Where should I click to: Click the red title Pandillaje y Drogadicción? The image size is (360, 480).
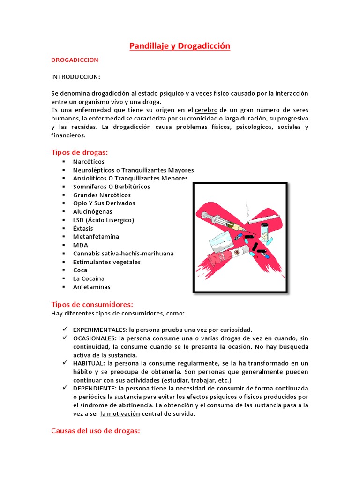[x=180, y=46]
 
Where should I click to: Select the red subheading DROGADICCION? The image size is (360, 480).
[x=75, y=60]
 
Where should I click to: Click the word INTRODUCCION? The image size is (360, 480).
[x=75, y=77]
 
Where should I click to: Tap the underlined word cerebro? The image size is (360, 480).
[x=206, y=111]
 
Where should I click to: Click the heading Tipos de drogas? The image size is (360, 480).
[x=79, y=152]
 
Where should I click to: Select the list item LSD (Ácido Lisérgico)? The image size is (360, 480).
[x=103, y=220]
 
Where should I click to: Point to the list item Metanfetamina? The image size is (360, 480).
[x=96, y=237]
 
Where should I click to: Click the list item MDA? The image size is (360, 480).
[x=80, y=245]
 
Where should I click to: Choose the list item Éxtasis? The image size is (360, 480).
[x=83, y=228]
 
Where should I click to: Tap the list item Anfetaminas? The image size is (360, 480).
[x=91, y=287]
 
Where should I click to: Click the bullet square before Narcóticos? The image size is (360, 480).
[x=62, y=162]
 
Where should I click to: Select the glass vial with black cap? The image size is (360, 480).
[x=265, y=232]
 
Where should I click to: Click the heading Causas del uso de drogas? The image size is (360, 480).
[x=96, y=431]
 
